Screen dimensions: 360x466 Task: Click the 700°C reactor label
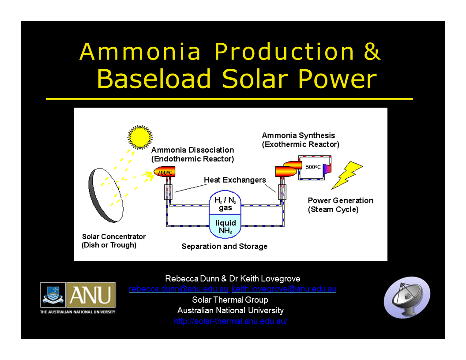pos(165,172)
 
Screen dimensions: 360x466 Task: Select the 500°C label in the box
pos(313,167)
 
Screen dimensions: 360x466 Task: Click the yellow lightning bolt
pos(347,175)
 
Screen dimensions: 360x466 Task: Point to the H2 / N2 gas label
pos(225,203)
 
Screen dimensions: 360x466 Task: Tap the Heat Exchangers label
pos(235,180)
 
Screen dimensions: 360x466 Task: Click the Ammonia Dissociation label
pos(192,154)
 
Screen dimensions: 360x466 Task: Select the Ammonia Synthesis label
pos(301,140)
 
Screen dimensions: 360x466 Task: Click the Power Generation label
pos(340,205)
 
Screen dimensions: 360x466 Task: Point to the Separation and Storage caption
pos(224,246)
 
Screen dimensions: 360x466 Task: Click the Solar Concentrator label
pos(113,241)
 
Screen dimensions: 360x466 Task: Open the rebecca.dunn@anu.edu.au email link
pos(178,289)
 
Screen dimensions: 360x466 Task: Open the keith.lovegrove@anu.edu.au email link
pos(284,289)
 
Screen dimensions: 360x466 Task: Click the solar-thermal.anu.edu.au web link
pos(230,321)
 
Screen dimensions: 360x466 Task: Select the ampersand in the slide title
pos(372,52)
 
